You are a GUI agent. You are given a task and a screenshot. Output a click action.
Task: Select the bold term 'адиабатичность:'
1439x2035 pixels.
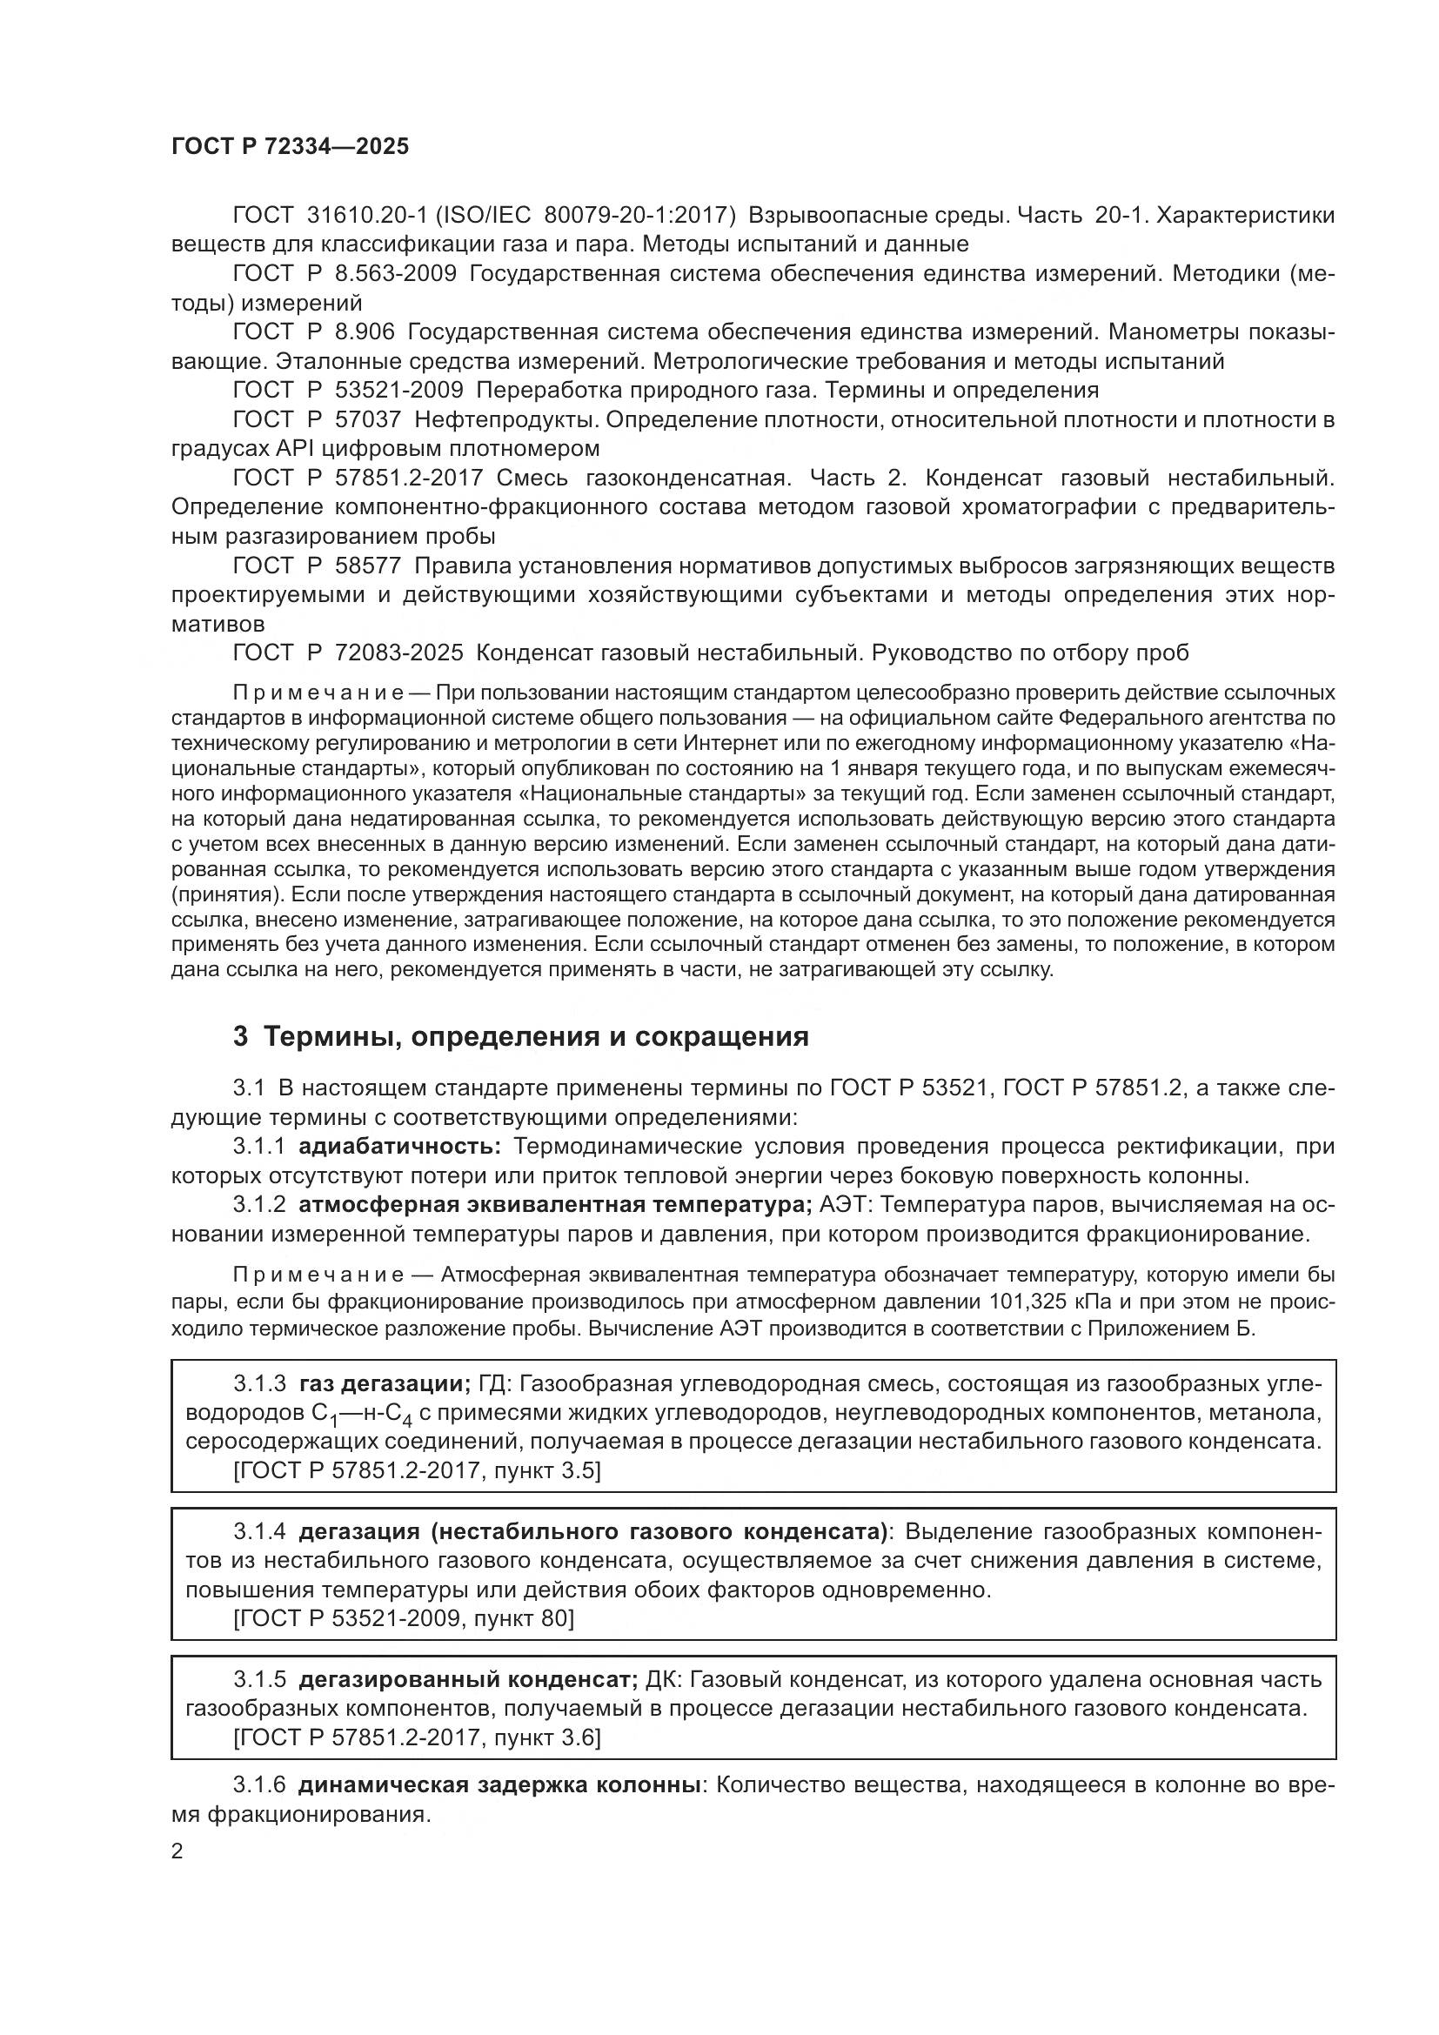[400, 1147]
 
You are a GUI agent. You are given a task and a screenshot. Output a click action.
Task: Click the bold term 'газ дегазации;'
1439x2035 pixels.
[385, 1383]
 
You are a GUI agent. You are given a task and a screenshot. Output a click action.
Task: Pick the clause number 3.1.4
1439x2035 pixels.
[259, 1531]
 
